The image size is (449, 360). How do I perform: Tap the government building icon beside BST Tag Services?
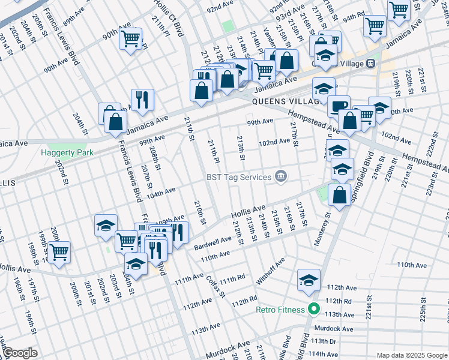(280, 176)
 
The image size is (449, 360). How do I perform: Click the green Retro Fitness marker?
(313, 310)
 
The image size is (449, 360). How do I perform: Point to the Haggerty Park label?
(67, 152)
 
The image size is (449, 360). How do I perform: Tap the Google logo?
(20, 353)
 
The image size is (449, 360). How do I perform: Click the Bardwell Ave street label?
(212, 244)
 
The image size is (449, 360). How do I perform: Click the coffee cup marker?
(339, 106)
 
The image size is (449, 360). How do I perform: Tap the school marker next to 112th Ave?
(309, 280)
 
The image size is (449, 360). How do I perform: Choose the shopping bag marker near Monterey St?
(340, 195)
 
